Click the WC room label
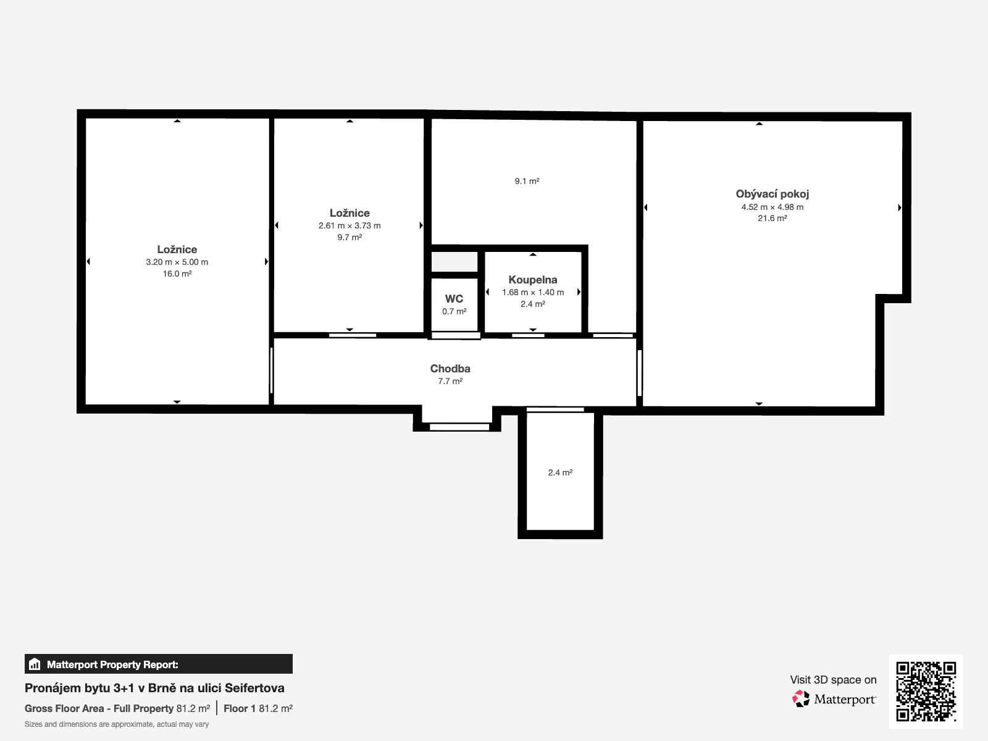click(x=454, y=299)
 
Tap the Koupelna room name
click(x=532, y=280)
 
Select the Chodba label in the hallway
click(x=450, y=369)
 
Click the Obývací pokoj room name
click(x=772, y=194)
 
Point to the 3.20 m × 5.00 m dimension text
click(x=177, y=262)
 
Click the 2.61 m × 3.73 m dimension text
click(x=350, y=225)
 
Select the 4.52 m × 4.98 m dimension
click(x=772, y=207)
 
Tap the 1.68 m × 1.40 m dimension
click(x=532, y=292)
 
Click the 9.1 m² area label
click(x=527, y=181)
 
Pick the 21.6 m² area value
click(x=772, y=218)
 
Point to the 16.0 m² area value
click(x=177, y=274)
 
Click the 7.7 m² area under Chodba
click(x=450, y=381)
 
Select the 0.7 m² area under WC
click(x=454, y=311)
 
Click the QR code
click(x=926, y=691)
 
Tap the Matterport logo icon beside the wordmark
click(x=801, y=699)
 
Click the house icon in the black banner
click(x=35, y=664)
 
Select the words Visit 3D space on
click(x=833, y=680)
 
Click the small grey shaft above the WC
click(x=454, y=261)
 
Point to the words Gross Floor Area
click(x=64, y=709)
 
